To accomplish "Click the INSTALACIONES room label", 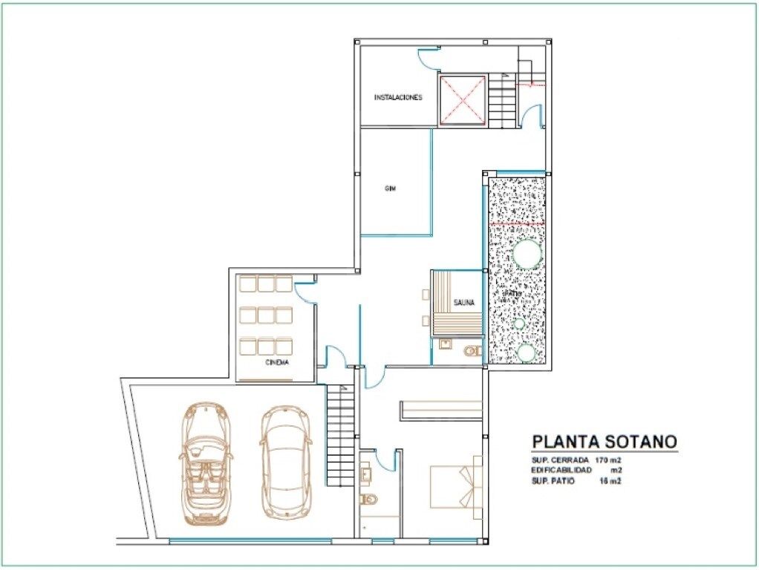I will pos(398,97).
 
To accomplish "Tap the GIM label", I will pos(390,189).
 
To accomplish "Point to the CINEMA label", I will pos(277,363).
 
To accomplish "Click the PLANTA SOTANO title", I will pos(604,442).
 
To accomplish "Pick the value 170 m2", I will pos(607,460).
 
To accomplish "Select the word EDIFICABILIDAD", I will pos(561,471).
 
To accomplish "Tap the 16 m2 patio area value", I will pos(609,481).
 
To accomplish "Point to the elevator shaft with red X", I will pos(462,99).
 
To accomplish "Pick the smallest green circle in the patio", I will pos(520,324).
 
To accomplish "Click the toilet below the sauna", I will pos(472,350).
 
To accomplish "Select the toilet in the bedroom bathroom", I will pos(366,499).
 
